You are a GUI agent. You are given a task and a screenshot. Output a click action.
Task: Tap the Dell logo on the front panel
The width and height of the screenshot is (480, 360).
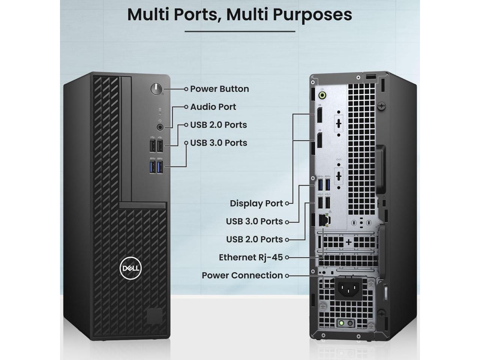coord(130,268)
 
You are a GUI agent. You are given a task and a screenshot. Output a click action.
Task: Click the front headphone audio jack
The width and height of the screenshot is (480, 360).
coord(160,127)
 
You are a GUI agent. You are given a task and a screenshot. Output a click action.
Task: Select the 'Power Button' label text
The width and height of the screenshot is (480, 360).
coord(219,89)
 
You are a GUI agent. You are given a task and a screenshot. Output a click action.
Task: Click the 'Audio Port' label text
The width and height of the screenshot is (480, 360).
coord(213,107)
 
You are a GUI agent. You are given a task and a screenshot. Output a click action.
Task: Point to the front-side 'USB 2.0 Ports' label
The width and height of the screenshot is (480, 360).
coord(218,125)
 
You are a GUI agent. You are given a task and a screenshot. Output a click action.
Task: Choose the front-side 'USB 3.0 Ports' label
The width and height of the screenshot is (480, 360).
coord(218,143)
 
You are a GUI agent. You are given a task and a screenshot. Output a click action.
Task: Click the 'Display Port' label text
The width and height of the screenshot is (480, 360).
coord(256,204)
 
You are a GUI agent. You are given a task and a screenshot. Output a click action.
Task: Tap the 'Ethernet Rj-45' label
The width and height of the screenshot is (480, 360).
coord(251,257)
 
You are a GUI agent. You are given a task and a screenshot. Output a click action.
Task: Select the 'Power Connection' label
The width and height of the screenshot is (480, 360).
coord(242,275)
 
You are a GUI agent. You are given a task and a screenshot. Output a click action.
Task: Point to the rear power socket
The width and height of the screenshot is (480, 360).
coord(348,288)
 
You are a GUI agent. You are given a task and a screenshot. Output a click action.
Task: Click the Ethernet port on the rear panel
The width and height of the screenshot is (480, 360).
coord(323,220)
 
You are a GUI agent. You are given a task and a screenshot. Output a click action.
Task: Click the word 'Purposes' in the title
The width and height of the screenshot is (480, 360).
coord(312,15)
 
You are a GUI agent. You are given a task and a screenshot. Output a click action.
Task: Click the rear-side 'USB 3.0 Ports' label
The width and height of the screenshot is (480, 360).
coord(254,222)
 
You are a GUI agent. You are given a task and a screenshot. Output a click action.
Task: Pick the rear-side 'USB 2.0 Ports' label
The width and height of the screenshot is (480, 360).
coord(254,240)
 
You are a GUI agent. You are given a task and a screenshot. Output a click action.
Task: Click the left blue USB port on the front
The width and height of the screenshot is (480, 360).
coord(152,166)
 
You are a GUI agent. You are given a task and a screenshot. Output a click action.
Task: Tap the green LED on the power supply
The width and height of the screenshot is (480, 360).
coord(342,323)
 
